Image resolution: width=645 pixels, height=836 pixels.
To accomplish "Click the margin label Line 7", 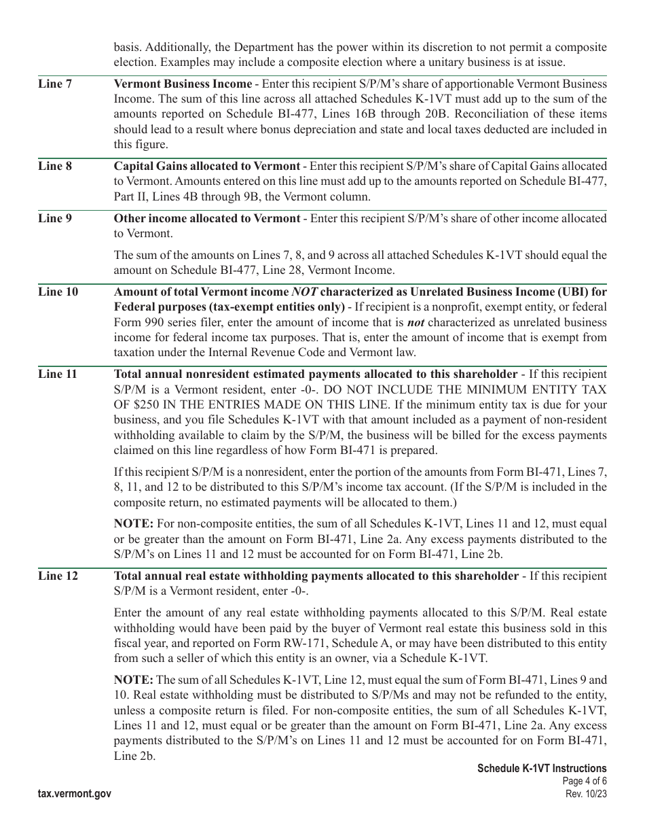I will [54, 84].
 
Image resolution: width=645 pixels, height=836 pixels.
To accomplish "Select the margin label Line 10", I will [58, 292].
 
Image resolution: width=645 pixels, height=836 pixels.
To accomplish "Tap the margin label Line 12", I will [58, 576].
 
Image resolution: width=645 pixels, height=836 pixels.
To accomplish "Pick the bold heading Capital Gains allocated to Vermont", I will [206, 166].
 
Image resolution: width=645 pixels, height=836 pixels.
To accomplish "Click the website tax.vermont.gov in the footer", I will [75, 793].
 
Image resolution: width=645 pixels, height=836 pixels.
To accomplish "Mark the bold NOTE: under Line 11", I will [134, 524].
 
